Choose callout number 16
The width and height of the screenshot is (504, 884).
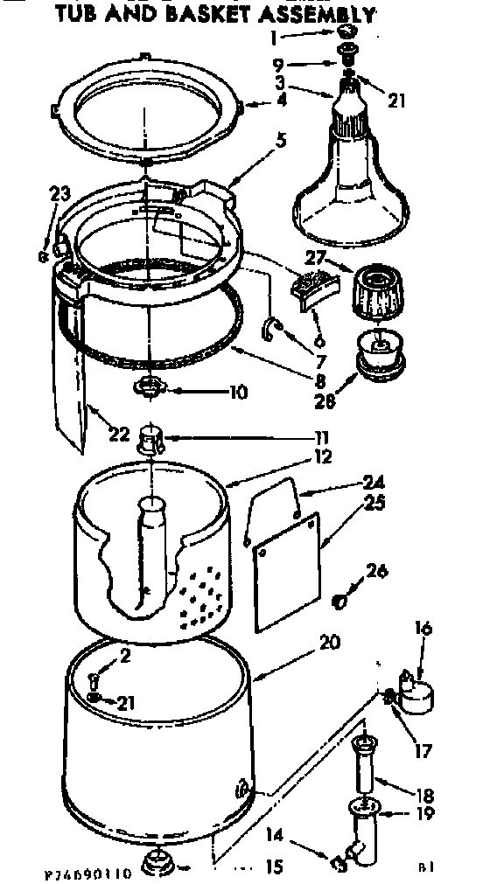[423, 628]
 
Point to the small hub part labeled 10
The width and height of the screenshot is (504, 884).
[150, 386]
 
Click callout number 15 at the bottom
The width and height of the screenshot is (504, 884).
[274, 868]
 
